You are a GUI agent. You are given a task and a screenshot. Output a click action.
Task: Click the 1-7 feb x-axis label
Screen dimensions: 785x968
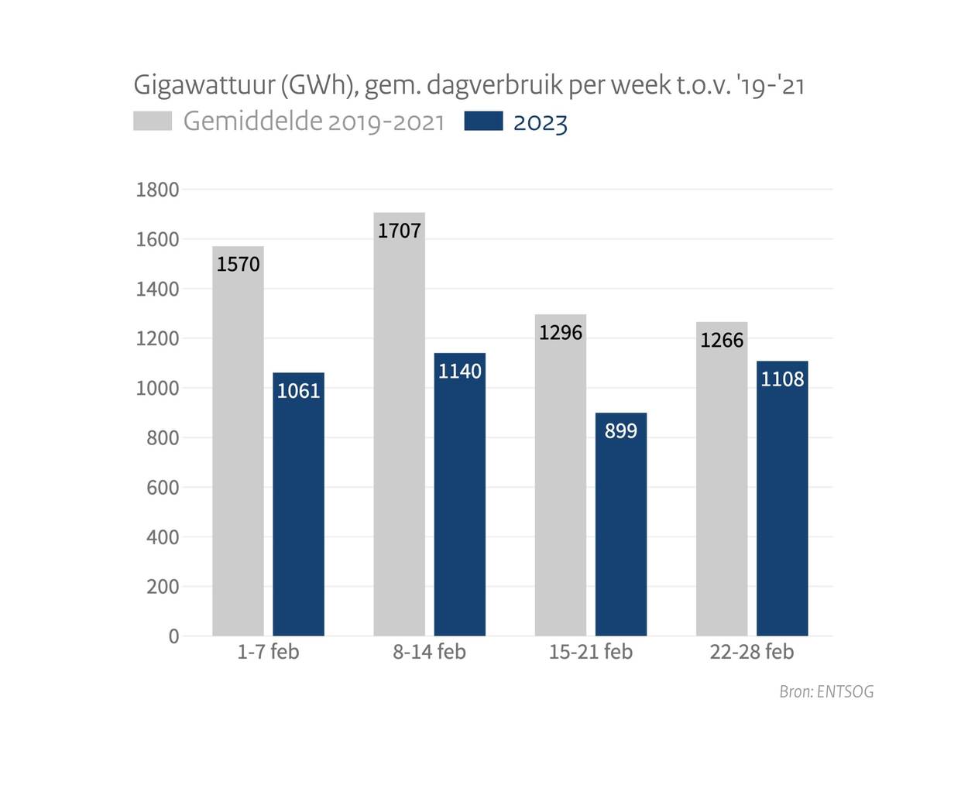coord(268,652)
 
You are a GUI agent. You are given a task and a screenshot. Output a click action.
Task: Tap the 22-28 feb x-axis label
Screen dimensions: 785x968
coord(751,652)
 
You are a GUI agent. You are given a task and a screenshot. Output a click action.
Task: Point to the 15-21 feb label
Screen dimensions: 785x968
coord(590,652)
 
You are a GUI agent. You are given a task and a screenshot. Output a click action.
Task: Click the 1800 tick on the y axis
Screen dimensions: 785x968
coord(157,190)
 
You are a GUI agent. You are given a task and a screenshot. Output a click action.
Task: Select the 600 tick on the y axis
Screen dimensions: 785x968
coord(162,488)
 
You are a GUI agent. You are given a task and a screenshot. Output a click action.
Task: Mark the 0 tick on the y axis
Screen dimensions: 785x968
coord(173,636)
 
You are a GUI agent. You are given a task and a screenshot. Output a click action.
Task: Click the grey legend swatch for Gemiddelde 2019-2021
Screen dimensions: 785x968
coord(153,121)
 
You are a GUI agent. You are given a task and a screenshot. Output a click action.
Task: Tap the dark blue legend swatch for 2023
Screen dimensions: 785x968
coord(483,121)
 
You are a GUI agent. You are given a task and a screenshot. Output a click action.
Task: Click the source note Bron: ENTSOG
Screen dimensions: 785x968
coord(826,691)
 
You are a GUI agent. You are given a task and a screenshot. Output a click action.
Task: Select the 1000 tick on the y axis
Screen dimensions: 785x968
coord(157,389)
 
